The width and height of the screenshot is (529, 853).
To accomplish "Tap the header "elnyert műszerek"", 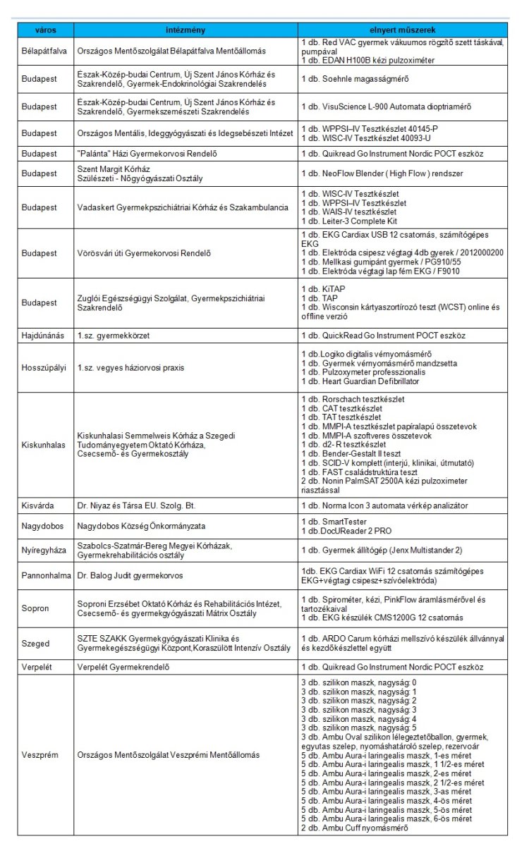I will coord(402,30).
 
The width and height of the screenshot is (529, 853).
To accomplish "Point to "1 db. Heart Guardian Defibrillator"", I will coord(360,381).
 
